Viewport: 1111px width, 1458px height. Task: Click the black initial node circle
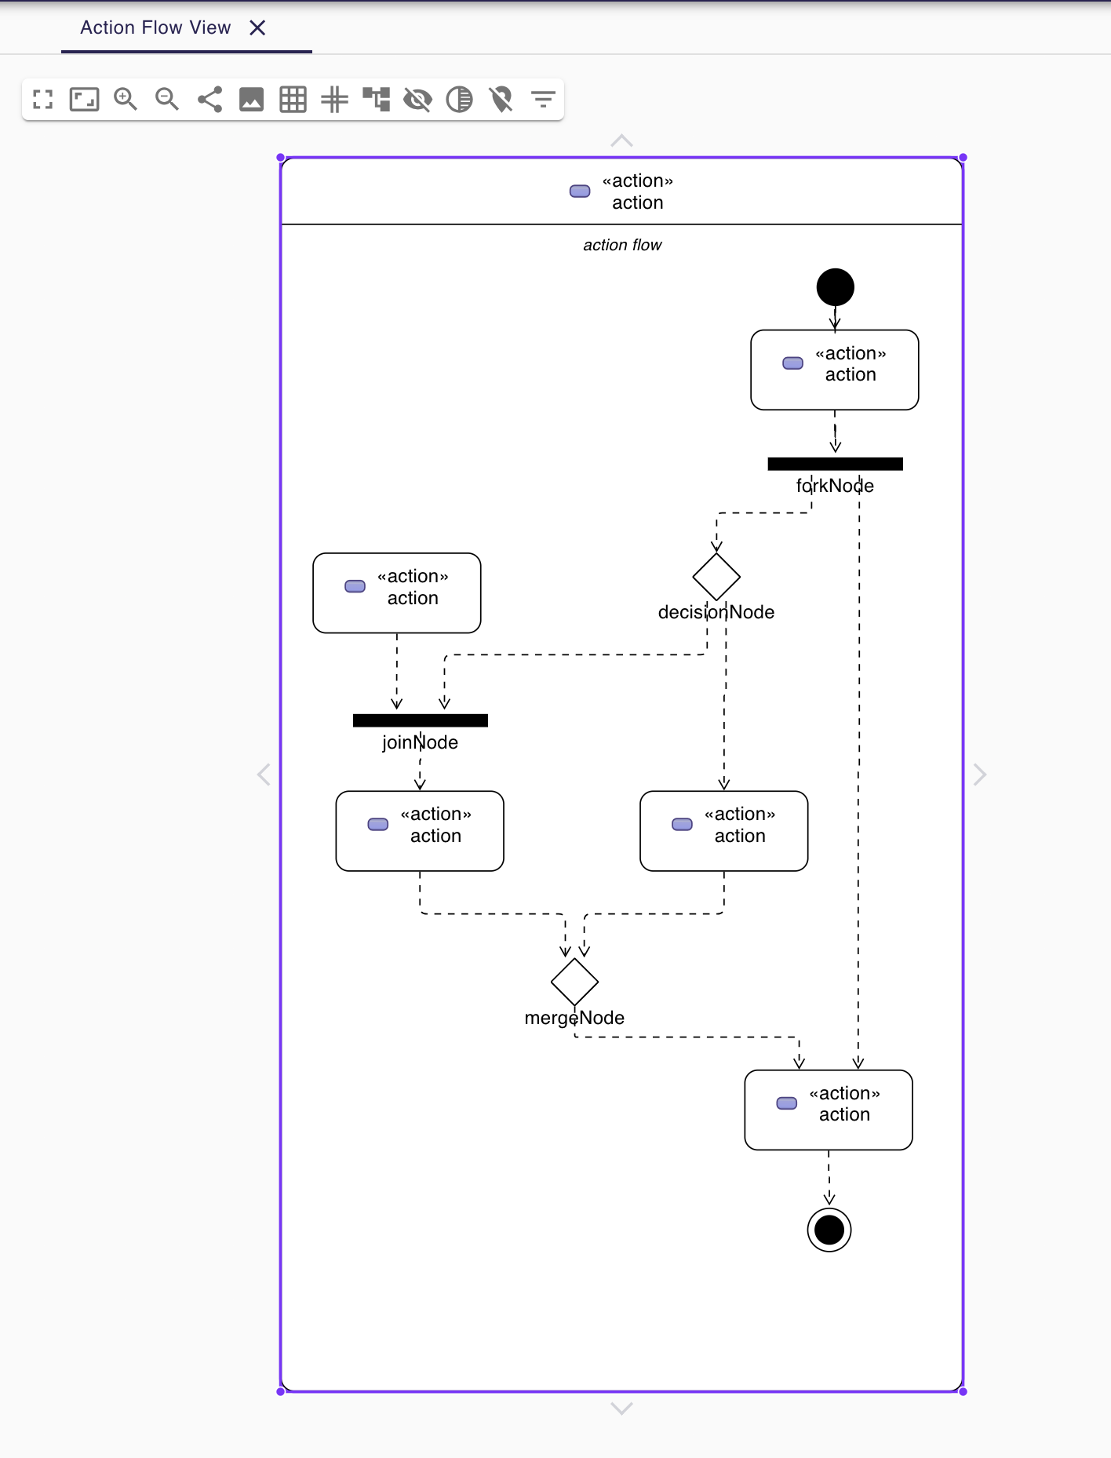[835, 287]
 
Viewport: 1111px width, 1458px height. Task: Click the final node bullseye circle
[829, 1230]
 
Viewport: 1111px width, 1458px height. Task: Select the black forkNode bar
[835, 464]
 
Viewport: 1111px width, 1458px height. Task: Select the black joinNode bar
[420, 720]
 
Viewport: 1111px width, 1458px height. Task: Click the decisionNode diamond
[716, 577]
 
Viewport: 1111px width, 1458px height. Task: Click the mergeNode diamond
[574, 982]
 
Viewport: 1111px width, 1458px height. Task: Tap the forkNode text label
[835, 486]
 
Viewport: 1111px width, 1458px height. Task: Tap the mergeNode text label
[574, 1018]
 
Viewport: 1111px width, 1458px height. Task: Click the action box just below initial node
[834, 370]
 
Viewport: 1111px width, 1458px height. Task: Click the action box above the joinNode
[396, 593]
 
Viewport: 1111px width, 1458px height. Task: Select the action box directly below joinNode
[419, 831]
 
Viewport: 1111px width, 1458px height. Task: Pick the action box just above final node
[828, 1110]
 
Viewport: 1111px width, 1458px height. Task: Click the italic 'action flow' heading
[622, 245]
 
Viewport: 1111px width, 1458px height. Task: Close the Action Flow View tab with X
[257, 28]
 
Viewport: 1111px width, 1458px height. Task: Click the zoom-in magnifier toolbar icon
[126, 100]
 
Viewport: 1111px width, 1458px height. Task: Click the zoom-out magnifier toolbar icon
[167, 100]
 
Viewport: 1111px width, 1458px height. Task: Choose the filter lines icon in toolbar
[543, 100]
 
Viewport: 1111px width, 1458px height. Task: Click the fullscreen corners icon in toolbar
[42, 100]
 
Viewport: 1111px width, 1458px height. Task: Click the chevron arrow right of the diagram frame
[979, 775]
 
